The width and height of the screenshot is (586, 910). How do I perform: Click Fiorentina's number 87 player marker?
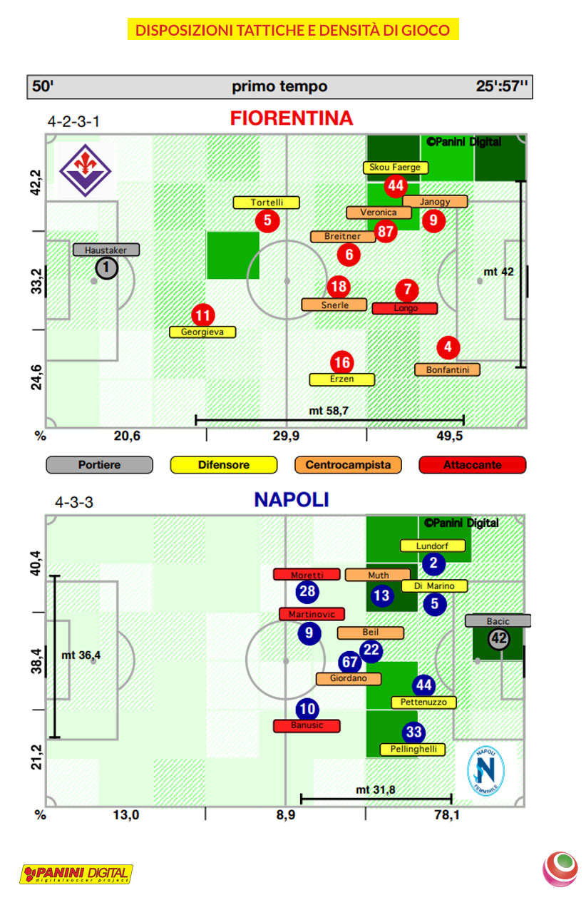(386, 231)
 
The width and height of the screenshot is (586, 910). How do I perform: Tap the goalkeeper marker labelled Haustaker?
(106, 268)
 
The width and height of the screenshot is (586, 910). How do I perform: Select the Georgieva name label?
(202, 332)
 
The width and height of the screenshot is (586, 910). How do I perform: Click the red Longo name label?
(405, 308)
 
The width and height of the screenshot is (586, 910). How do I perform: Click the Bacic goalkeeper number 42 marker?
(498, 639)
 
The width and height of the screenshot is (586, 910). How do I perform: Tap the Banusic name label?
(307, 725)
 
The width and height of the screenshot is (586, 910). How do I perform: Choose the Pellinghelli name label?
(413, 750)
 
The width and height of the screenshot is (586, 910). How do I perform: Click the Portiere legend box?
(99, 465)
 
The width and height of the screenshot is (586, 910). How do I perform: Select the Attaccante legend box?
(473, 465)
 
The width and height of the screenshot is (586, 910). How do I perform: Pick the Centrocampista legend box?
(348, 465)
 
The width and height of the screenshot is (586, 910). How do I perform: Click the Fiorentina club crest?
(84, 169)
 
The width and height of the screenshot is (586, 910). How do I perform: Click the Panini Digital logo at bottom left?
(76, 874)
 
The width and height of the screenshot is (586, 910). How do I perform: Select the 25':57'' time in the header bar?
(502, 86)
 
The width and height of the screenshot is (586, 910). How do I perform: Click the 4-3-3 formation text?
(74, 502)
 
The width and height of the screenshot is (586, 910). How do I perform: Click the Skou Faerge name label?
(396, 168)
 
